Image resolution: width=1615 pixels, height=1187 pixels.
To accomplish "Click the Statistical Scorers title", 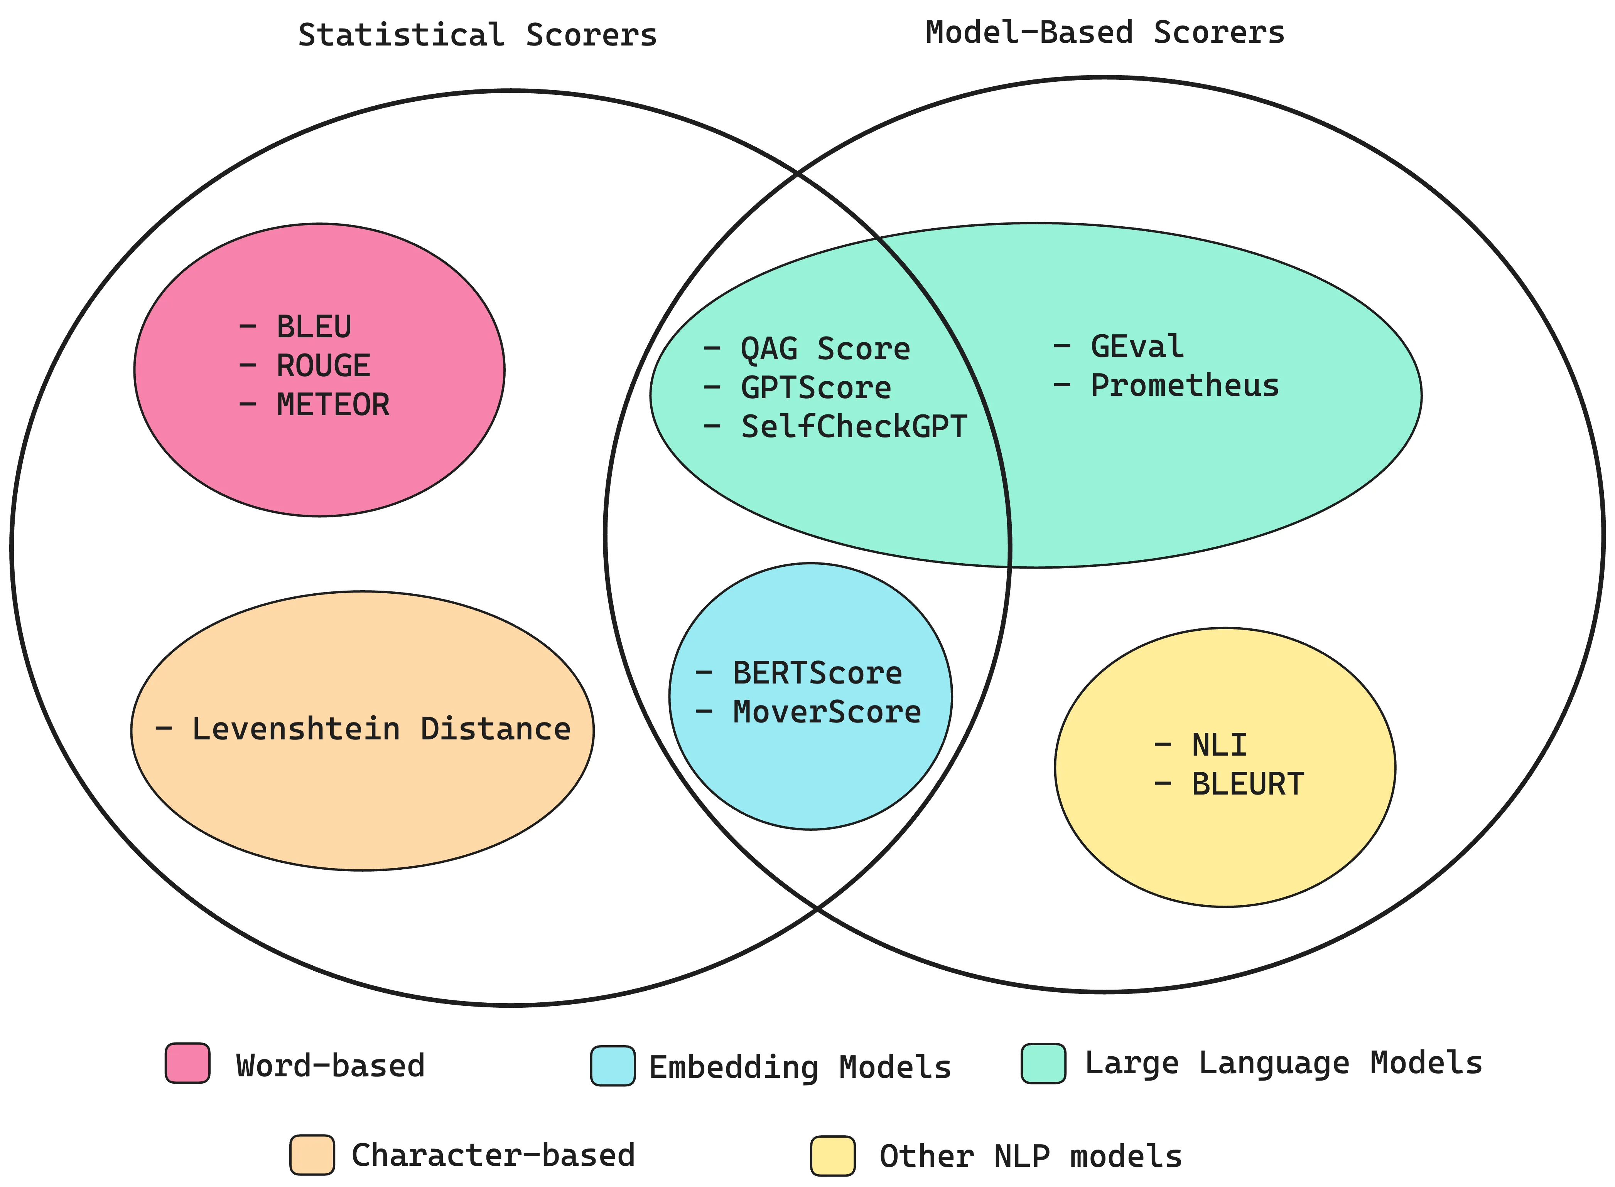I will pyautogui.click(x=477, y=34).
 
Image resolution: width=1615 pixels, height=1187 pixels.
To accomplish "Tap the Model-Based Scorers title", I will pyautogui.click(x=1105, y=32).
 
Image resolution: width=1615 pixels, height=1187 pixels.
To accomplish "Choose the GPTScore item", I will pyautogui.click(x=816, y=388).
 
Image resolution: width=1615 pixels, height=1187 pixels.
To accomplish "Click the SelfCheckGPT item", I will pyautogui.click(x=854, y=427).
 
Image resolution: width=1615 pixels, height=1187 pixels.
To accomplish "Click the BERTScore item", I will pyautogui.click(x=817, y=673).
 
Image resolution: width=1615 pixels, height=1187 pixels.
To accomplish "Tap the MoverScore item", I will pyautogui.click(x=827, y=712).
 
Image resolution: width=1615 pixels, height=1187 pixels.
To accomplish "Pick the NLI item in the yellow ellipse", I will pyautogui.click(x=1219, y=745).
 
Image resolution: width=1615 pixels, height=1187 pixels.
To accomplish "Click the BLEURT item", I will pyautogui.click(x=1247, y=784).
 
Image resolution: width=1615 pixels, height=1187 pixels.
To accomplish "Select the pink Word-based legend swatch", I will pyautogui.click(x=187, y=1063).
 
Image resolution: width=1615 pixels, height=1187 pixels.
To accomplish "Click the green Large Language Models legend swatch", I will pyautogui.click(x=1043, y=1063).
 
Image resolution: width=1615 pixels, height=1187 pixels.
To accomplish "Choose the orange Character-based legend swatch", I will pyautogui.click(x=312, y=1155).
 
